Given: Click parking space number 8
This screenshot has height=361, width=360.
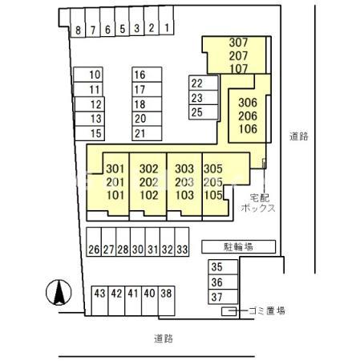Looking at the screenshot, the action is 78,22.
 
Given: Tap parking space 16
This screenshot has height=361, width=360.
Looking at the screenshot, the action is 147,75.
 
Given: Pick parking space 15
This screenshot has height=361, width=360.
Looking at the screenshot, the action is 90,133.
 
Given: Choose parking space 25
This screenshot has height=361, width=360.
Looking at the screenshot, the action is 204,112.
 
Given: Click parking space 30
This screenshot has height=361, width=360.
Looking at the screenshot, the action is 138,241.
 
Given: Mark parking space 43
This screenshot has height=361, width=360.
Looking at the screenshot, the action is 99,301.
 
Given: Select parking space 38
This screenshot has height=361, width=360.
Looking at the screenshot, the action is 166,301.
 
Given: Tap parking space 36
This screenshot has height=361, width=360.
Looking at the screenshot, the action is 223,282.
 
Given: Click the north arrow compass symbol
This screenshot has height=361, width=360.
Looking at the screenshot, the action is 59,293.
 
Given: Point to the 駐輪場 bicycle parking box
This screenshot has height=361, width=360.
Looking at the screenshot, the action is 238,246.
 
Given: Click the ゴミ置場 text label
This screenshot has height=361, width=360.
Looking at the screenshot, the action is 267,310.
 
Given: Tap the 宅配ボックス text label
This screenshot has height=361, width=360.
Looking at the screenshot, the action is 258,203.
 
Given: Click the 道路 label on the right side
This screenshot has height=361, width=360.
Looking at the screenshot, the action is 299,136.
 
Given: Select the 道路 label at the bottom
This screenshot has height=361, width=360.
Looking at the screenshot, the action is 164,339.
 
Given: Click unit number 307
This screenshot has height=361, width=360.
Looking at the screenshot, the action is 238,43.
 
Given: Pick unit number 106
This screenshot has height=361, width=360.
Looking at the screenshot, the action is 248,129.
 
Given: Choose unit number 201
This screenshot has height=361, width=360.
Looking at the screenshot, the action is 115,182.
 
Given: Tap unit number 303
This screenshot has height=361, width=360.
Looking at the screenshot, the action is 184,168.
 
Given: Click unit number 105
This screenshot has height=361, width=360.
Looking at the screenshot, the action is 213,195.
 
